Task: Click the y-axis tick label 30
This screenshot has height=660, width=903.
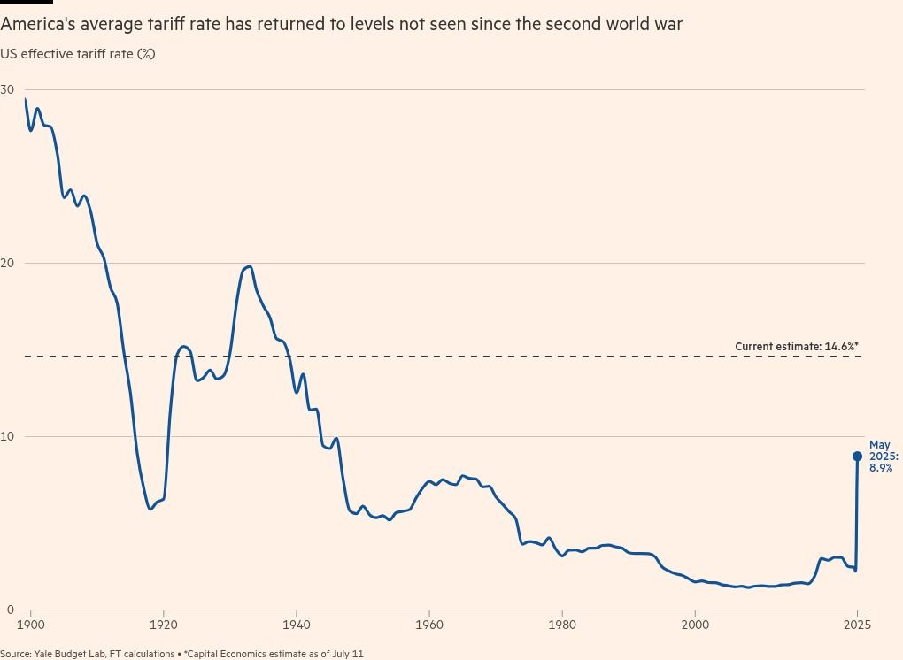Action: [x=8, y=89]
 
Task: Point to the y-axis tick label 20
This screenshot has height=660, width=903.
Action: [x=8, y=263]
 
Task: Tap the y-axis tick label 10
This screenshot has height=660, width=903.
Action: [x=8, y=436]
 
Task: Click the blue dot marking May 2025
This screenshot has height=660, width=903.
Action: [x=857, y=457]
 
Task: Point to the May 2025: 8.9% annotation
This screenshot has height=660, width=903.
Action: [x=883, y=456]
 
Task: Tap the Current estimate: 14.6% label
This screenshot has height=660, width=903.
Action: [x=797, y=347]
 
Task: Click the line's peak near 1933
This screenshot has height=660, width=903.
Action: [x=250, y=266]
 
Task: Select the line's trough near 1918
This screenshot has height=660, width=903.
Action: [x=150, y=509]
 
